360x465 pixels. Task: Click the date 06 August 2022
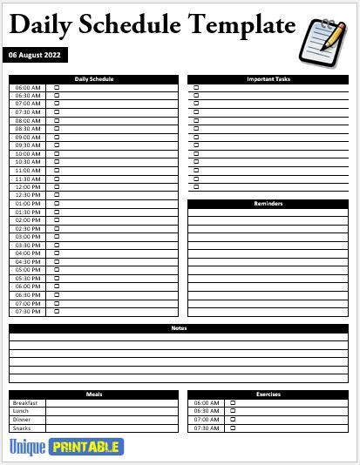pos(35,55)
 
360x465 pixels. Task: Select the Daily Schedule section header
pos(94,79)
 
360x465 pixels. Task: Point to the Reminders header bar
pos(268,204)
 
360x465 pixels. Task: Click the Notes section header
pos(180,328)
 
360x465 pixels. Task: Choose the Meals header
pos(94,394)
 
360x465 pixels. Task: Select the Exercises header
pos(268,394)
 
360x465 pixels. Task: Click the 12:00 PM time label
pos(28,187)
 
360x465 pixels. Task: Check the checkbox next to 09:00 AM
pos(58,138)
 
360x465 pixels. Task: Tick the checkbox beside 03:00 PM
pos(58,237)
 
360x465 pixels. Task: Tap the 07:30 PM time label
pos(28,311)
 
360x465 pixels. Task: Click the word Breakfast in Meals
pos(24,403)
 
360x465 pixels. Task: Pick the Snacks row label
pos(22,428)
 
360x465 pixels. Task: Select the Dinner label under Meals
pos(22,420)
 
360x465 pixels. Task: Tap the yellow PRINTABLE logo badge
pos(86,447)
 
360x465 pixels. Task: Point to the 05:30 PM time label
pos(28,278)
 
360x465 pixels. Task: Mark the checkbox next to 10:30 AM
pos(58,162)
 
